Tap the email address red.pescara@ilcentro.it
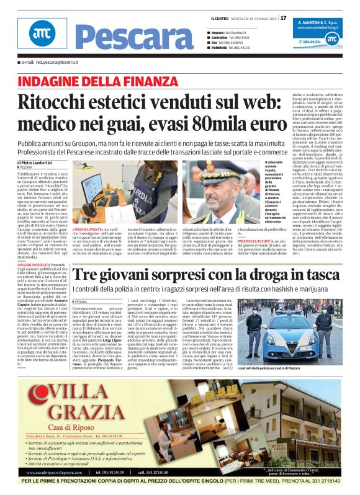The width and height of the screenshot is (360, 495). pyautogui.click(x=50, y=63)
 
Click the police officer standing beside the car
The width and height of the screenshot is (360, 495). pyautogui.click(x=254, y=326)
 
